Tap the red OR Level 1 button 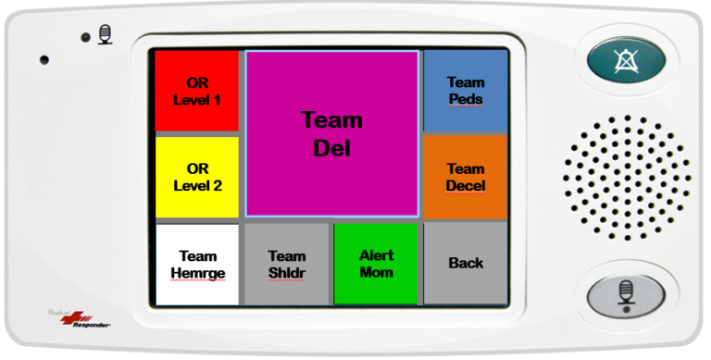click(196, 91)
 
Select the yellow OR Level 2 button click(196, 177)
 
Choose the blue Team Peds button click(466, 91)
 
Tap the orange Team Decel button click(466, 177)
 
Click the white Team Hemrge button click(197, 264)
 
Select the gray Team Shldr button click(286, 264)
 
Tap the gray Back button click(466, 264)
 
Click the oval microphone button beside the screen click(625, 294)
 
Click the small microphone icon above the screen click(105, 36)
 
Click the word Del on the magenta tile click(332, 148)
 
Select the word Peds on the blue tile click(466, 99)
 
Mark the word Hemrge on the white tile click(197, 273)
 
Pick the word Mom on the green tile click(377, 272)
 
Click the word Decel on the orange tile click(466, 186)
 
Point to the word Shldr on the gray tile click(286, 272)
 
